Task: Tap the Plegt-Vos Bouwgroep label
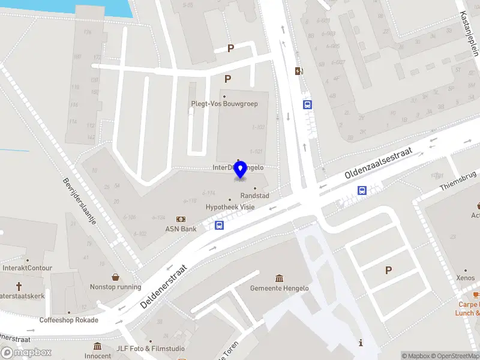(x=224, y=104)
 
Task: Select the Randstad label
(x=254, y=196)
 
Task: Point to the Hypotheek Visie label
(x=230, y=207)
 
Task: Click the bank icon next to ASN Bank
(x=180, y=219)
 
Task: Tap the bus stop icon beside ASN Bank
(x=220, y=226)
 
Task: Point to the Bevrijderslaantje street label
(x=80, y=200)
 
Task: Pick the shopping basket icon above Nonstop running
(x=115, y=277)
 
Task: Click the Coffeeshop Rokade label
(x=68, y=320)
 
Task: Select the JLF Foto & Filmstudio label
(x=151, y=348)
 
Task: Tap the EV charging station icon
(x=299, y=71)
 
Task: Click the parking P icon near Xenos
(x=388, y=271)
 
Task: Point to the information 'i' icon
(x=361, y=343)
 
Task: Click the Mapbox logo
(x=26, y=352)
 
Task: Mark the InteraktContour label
(x=28, y=268)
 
